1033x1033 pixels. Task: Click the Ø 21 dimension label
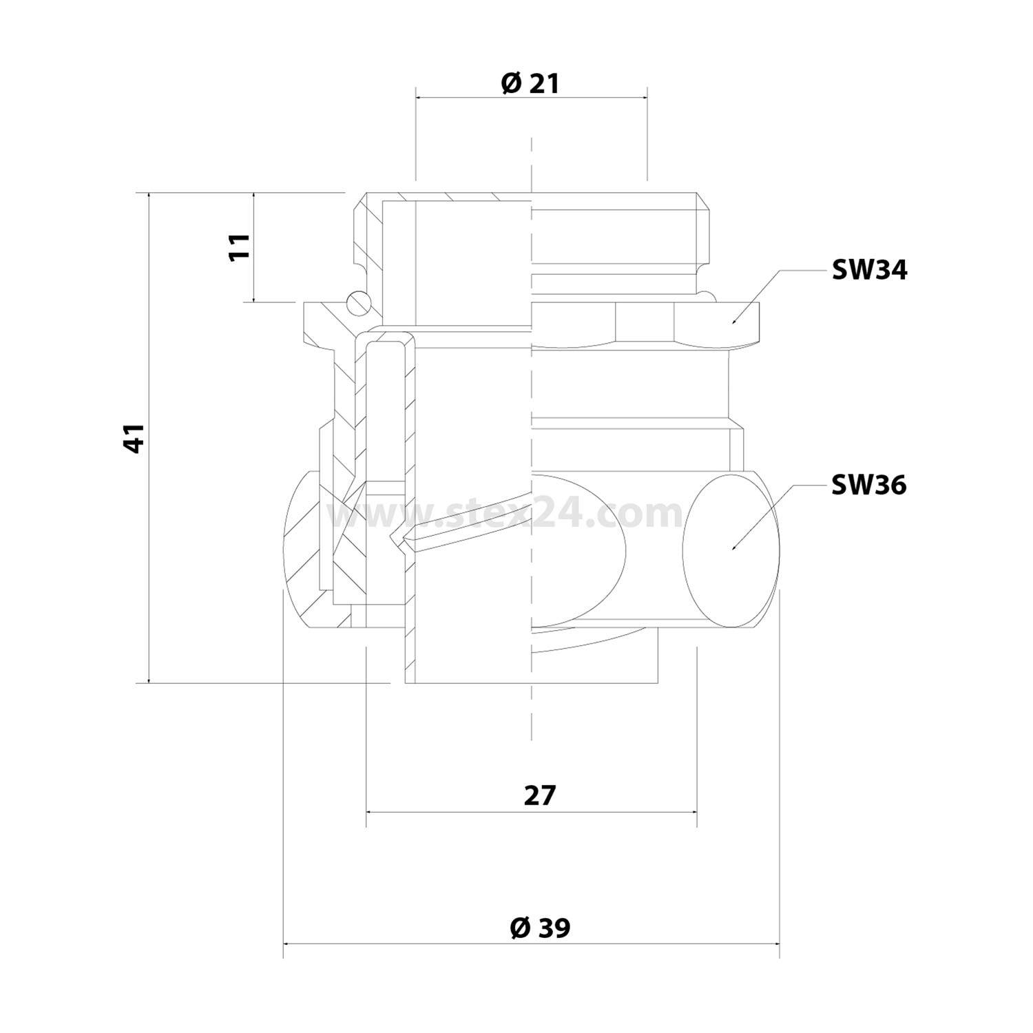click(530, 83)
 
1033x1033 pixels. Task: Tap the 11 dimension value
click(239, 246)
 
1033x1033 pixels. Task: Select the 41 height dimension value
click(134, 438)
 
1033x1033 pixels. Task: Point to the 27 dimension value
click(539, 795)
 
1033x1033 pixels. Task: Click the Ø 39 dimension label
click(540, 928)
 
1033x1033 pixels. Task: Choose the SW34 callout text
click(869, 271)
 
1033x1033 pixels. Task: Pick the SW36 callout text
click(869, 486)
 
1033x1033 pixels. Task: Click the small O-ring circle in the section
click(358, 302)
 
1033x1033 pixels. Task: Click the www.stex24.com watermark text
click(506, 514)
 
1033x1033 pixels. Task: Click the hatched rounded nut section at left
click(303, 551)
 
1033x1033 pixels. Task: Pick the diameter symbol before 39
click(520, 928)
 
